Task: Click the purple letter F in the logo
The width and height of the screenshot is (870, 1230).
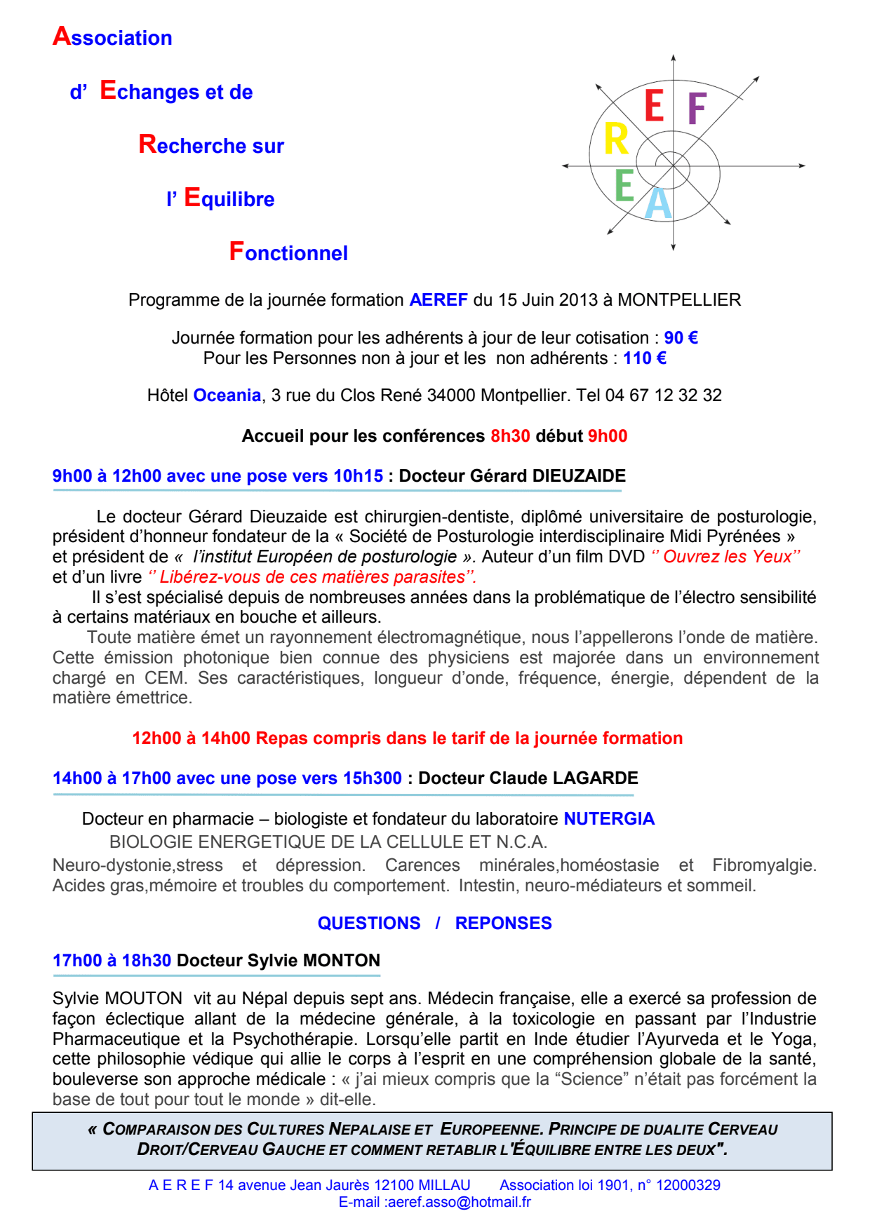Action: (696, 108)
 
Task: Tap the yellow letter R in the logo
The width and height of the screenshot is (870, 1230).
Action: (616, 139)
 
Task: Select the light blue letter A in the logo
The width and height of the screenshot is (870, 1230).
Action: (658, 203)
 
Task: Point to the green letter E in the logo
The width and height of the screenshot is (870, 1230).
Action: (624, 186)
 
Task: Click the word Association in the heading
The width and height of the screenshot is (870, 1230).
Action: (112, 36)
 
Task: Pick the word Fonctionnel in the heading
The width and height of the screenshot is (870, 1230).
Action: (288, 252)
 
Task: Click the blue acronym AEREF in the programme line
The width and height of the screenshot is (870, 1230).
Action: (439, 300)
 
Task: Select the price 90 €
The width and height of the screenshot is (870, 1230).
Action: (681, 338)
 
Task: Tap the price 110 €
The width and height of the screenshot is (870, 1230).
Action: (644, 358)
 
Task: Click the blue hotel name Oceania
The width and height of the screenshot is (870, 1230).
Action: (227, 396)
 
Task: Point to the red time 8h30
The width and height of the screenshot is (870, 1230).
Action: (510, 436)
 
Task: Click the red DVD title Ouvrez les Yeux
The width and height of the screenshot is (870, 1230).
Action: (726, 557)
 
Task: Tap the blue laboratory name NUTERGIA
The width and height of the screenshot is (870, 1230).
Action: (609, 819)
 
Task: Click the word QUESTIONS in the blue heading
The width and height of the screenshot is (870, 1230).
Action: (369, 924)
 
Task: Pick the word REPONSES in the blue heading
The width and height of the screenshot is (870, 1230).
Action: (503, 924)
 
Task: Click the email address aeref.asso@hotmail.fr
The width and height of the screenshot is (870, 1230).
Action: (459, 1202)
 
